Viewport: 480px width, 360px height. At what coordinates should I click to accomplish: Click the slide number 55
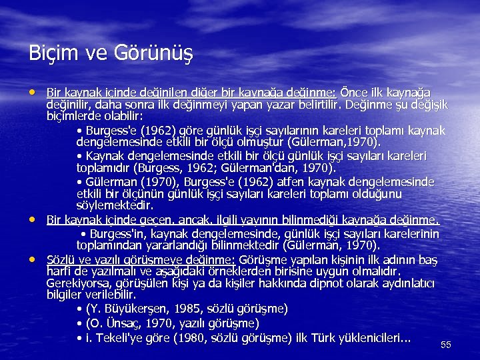(446, 345)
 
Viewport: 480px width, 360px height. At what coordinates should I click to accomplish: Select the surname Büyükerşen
(143, 309)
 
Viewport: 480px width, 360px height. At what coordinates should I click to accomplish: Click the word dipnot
(305, 283)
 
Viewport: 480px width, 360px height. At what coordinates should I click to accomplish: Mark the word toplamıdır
(102, 167)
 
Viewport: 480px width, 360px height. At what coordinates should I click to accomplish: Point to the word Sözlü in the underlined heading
(61, 259)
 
